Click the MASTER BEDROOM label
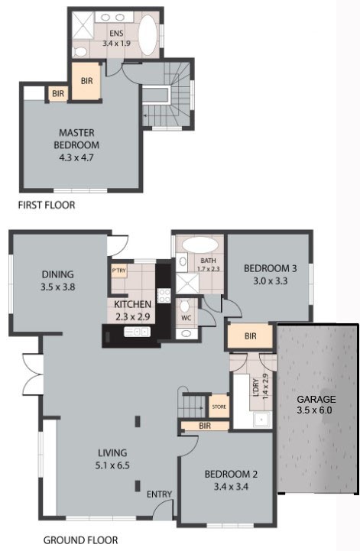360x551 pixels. (x=76, y=139)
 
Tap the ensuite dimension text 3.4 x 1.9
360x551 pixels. (x=116, y=44)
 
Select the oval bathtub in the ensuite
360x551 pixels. (x=148, y=34)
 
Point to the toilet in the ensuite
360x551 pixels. (x=80, y=52)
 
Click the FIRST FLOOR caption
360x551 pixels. (x=47, y=205)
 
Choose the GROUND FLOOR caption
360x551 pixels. (x=80, y=540)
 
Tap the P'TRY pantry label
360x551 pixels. (x=118, y=271)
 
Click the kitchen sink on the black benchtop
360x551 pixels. (x=137, y=332)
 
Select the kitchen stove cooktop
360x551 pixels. (x=164, y=295)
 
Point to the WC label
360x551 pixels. (x=186, y=318)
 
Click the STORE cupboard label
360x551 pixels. (x=219, y=407)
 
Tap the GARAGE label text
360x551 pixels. (x=316, y=399)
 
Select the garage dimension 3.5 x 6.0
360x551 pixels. (x=314, y=410)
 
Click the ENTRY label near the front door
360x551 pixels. (x=159, y=494)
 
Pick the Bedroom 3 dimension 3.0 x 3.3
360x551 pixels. (x=271, y=280)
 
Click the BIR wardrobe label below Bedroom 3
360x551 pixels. (x=250, y=336)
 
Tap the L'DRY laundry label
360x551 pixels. (x=256, y=387)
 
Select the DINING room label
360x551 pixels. (x=57, y=274)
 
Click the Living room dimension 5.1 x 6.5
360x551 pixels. (x=112, y=465)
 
